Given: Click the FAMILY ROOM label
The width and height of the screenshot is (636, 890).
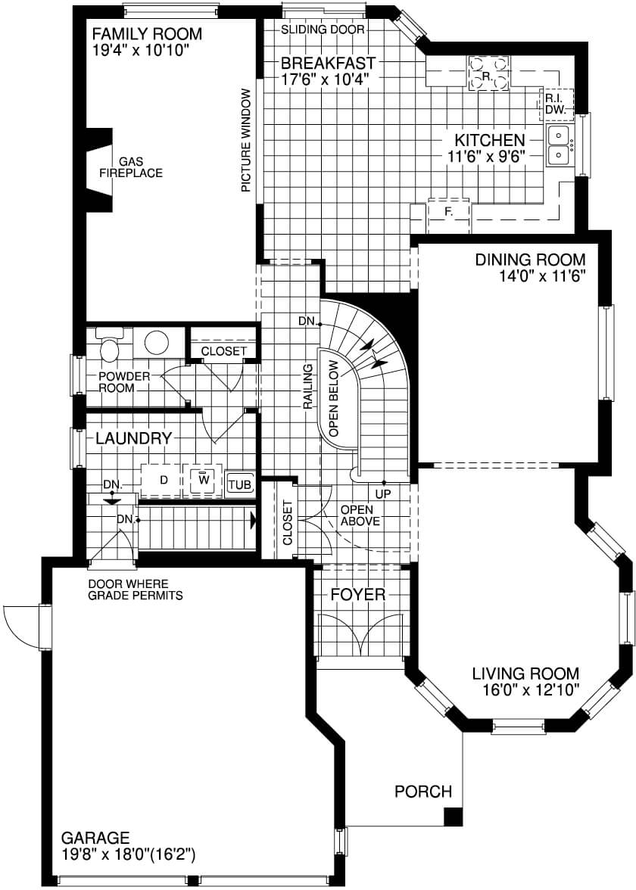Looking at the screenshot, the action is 147,33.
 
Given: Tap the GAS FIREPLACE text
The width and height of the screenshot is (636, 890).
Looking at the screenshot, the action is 131,168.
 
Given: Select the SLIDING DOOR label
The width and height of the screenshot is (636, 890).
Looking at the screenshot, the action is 323,30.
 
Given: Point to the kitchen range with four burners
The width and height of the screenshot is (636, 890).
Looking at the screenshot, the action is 488,73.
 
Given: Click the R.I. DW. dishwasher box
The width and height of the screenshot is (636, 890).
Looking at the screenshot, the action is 556,104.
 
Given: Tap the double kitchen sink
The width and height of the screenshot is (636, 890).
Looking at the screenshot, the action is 560,145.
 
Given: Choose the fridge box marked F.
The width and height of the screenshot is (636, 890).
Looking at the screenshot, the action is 448,215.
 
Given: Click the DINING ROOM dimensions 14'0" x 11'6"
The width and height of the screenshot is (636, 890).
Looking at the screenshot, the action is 540,276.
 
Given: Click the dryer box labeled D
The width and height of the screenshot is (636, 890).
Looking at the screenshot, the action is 163,480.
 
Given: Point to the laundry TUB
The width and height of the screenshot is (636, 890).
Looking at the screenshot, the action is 239,484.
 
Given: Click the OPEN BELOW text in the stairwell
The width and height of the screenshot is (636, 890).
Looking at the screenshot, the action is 333,398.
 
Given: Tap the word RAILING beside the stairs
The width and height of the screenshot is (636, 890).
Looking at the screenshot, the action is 307,386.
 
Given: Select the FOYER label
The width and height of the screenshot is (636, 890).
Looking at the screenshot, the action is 357,595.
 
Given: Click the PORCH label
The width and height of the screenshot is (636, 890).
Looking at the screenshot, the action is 423,792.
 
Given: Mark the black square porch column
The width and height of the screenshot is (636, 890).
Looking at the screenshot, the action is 453,816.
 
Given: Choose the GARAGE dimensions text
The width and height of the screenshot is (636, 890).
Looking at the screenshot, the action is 129,855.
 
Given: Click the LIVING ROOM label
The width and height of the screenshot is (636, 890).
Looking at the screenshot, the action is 525,674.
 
